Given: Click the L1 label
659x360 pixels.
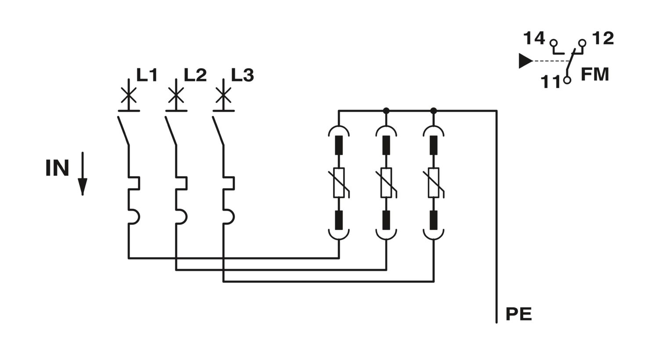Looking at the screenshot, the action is (147, 75).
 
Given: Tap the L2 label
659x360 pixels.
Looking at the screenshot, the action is (196, 75).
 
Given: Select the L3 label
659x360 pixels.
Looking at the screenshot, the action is (243, 75).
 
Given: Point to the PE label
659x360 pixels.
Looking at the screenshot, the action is (519, 314).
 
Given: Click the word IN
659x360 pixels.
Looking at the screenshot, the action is (58, 168).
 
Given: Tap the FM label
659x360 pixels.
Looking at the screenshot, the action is (595, 74).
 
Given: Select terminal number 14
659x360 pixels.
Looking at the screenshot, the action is (534, 38).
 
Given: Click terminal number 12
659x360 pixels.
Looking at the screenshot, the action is (603, 38).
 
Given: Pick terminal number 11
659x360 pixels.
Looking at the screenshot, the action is (551, 82).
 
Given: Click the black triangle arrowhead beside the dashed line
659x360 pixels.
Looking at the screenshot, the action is (525, 61).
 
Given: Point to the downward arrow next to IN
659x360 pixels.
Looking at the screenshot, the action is (83, 174).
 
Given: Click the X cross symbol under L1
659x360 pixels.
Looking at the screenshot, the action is (129, 95).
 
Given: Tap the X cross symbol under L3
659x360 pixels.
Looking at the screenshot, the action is (223, 95).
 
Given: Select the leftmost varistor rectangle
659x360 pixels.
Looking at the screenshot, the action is (339, 183).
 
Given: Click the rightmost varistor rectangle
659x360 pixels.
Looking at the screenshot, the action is (434, 183).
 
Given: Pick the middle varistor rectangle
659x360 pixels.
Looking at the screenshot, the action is (386, 183).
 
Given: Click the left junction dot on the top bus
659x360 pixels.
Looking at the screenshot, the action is (386, 111).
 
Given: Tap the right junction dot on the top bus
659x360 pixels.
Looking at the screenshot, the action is (434, 111).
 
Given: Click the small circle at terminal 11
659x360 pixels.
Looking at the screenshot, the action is (567, 80).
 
